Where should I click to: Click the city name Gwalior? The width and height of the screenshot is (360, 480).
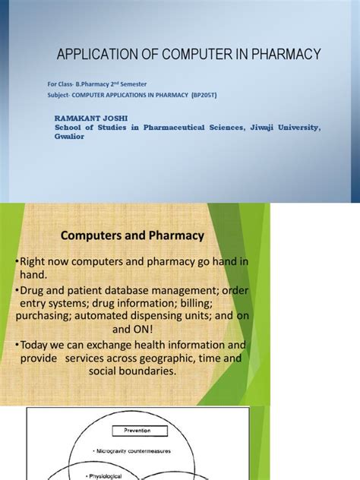pyautogui.click(x=68, y=137)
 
